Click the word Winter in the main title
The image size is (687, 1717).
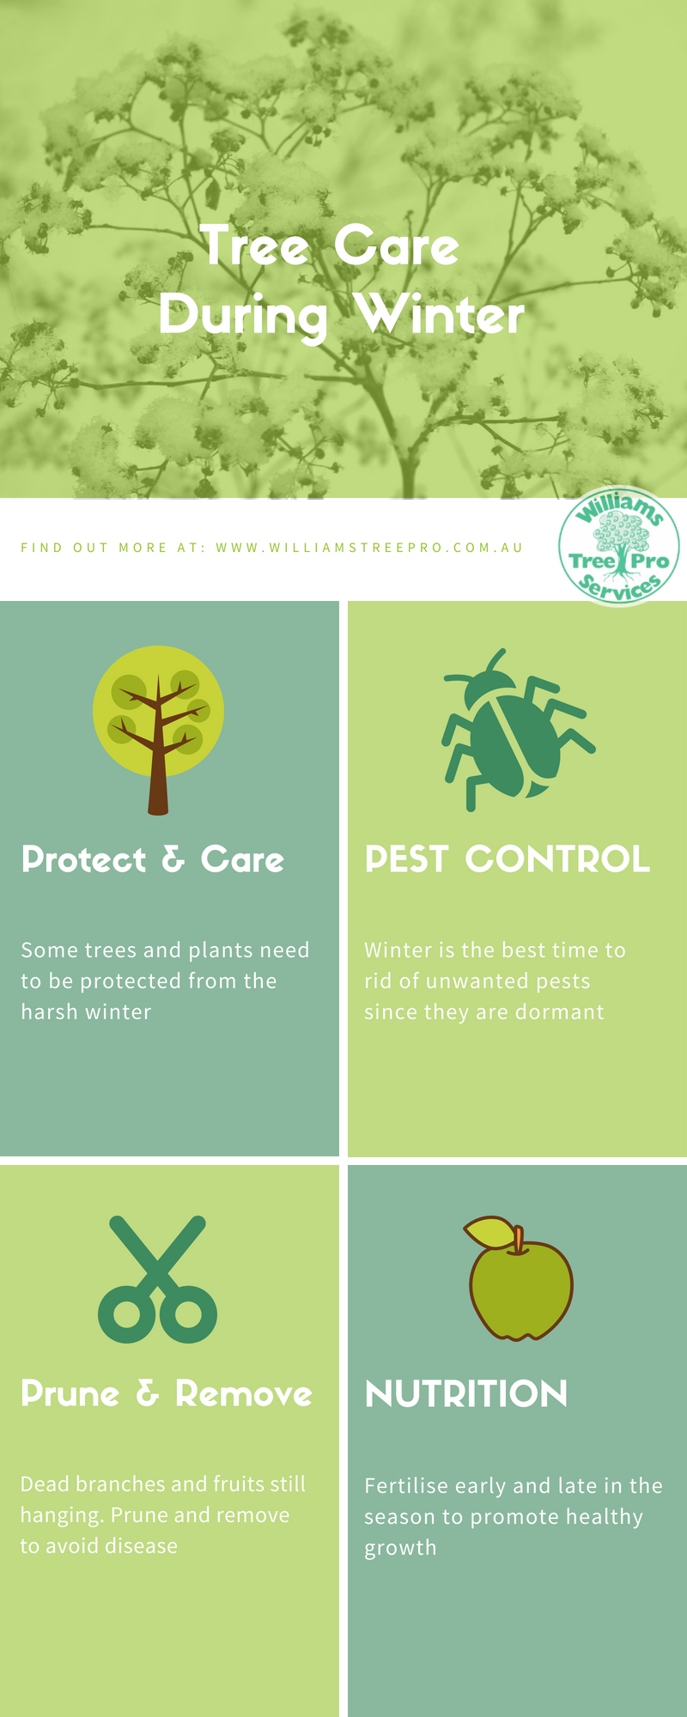point(439,314)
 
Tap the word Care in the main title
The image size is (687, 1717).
point(396,246)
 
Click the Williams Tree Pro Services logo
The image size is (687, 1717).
point(619,547)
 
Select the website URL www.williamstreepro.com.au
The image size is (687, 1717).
point(369,548)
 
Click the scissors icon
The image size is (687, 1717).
point(157,1279)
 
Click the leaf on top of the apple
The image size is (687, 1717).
point(489,1232)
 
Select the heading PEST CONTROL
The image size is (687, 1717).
point(507,859)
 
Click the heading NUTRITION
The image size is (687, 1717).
point(466,1394)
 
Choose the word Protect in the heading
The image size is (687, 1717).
point(84,859)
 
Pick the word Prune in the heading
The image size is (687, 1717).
point(70,1393)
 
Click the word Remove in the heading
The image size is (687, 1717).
point(244,1394)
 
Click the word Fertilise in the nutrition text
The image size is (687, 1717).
point(406,1486)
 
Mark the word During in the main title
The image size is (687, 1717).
point(243,316)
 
